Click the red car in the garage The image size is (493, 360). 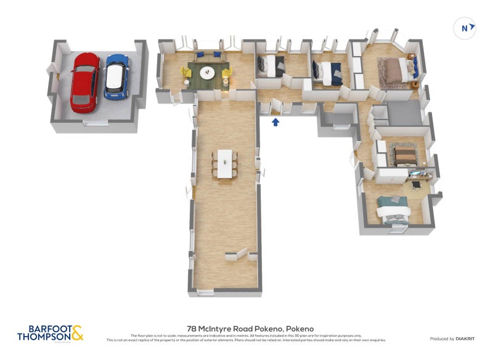pos(84,82)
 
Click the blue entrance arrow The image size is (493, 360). pos(275,122)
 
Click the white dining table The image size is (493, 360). pos(226,163)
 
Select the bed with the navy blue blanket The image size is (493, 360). pos(331,73)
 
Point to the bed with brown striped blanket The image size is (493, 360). pos(404,156)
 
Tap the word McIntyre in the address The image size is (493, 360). pos(218,329)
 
